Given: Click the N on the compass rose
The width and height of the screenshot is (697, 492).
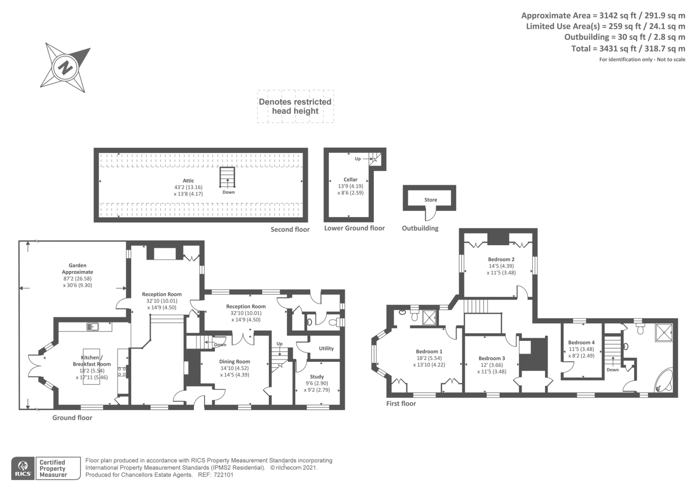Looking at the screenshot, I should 66,68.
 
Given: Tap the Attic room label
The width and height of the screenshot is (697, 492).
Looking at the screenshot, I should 188,181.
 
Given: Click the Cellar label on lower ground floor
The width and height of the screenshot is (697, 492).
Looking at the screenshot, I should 350,179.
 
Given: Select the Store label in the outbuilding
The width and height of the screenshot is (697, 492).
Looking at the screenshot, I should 430,200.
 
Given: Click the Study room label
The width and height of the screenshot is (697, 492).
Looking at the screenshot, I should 317,377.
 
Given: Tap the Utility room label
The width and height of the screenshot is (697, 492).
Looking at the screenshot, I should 326,348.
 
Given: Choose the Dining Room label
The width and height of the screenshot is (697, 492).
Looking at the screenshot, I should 234,361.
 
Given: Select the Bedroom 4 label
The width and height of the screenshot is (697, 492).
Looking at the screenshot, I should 581,343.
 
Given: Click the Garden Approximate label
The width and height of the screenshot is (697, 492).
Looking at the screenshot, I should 78,269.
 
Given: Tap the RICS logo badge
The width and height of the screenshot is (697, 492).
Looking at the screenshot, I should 23,468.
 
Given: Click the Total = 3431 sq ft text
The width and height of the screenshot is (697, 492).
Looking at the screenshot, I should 628,49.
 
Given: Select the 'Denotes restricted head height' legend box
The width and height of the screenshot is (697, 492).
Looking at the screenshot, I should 295,106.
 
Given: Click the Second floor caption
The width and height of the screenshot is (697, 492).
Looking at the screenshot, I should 290,229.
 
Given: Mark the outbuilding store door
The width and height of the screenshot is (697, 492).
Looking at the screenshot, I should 430,216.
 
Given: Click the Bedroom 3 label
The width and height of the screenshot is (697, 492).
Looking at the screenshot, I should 491,358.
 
